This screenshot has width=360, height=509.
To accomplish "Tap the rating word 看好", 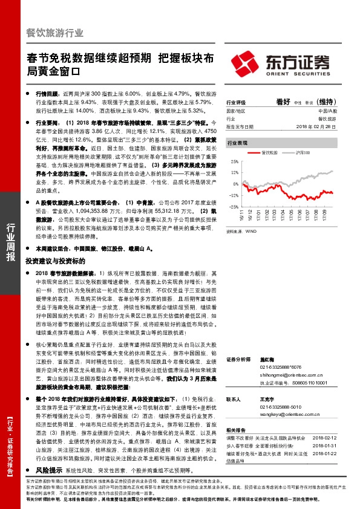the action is [x=283, y=101].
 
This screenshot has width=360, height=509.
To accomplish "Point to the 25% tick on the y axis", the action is [x=232, y=163].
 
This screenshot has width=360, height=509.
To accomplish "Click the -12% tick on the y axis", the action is [x=232, y=195].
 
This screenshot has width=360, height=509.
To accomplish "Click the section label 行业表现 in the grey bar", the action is [x=237, y=144].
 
